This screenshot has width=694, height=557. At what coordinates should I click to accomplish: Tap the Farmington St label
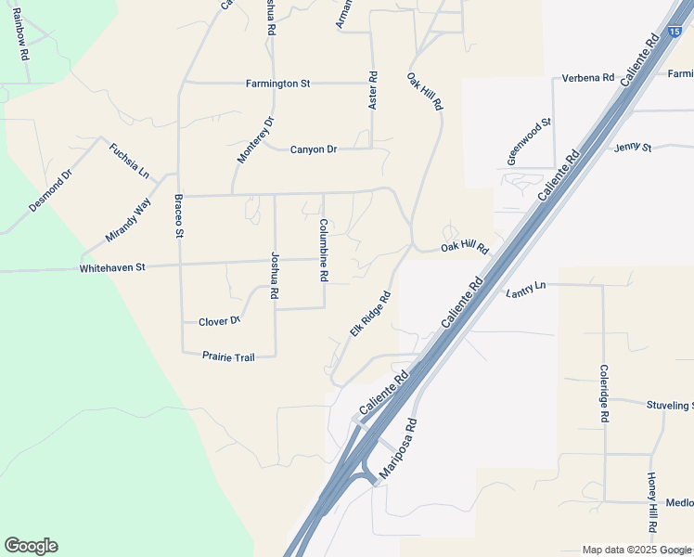[x=277, y=84]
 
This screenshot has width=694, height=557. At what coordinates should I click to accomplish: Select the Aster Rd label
[x=372, y=91]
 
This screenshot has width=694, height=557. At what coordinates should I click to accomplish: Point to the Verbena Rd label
[x=588, y=78]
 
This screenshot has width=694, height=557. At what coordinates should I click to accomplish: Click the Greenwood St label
[x=529, y=141]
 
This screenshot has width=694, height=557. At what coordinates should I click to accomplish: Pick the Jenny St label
[x=633, y=147]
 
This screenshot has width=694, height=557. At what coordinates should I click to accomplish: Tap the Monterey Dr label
[x=256, y=140]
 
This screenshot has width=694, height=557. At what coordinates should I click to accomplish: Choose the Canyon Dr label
[x=313, y=149]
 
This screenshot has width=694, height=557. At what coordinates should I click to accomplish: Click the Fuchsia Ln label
[x=129, y=160]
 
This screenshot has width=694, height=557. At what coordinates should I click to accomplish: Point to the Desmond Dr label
[x=50, y=190]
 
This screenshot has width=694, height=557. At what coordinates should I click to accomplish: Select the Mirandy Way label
[x=128, y=220]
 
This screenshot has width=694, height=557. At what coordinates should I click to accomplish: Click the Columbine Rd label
[x=324, y=250]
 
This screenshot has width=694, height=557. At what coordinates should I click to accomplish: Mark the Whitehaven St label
[x=112, y=267]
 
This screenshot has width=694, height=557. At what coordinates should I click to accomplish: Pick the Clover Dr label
[x=220, y=321]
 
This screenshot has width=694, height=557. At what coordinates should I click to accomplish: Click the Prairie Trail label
[x=228, y=356]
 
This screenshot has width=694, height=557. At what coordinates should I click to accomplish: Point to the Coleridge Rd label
[x=603, y=394]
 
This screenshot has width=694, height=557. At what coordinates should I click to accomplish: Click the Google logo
[x=31, y=546]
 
